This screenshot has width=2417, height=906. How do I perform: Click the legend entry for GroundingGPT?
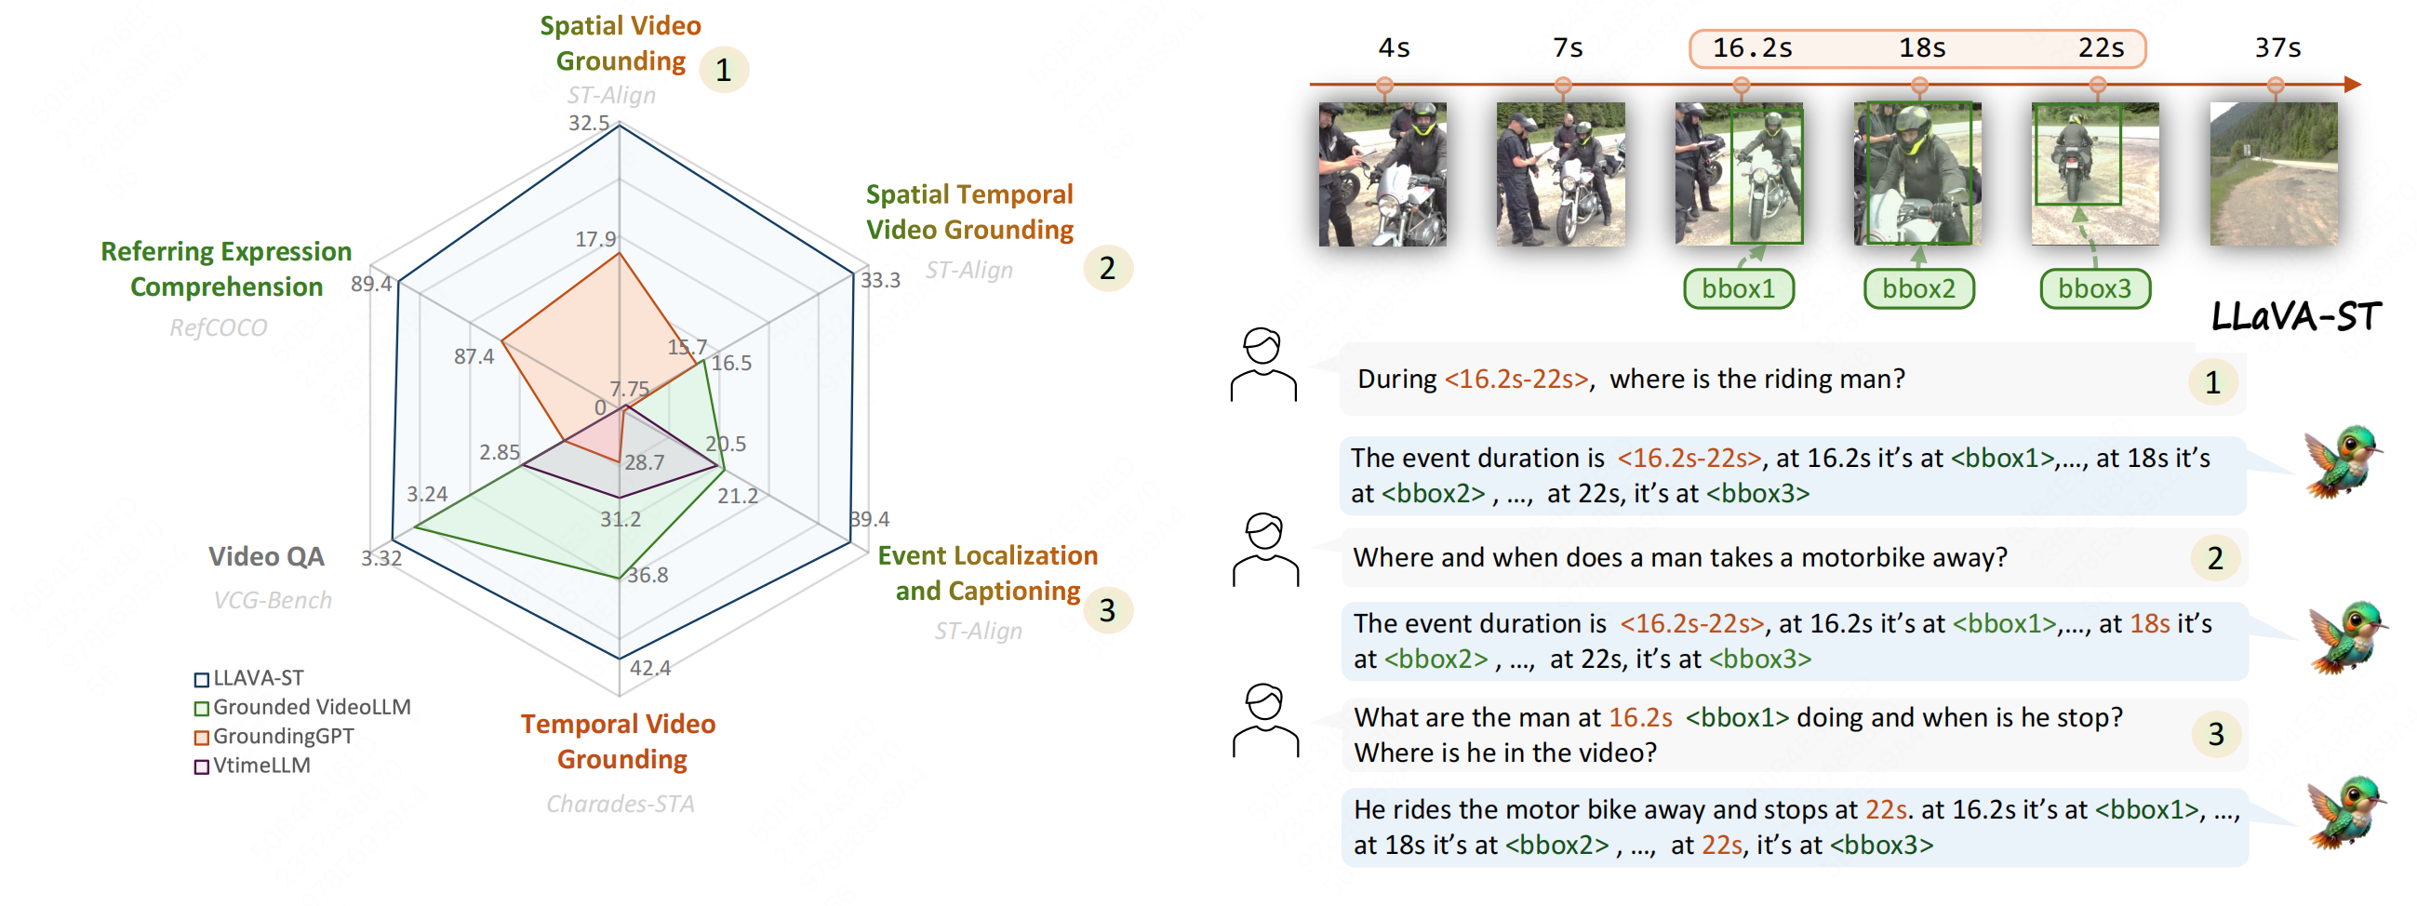[x=283, y=737]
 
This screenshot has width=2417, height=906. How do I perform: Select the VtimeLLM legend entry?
[x=260, y=766]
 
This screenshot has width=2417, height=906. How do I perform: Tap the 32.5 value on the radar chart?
[x=588, y=123]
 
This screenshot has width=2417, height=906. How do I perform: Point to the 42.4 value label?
[x=650, y=668]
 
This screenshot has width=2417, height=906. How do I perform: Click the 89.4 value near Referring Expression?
[x=371, y=284]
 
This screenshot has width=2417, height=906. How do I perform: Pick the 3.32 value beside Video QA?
[x=381, y=558]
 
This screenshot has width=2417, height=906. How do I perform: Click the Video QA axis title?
[x=266, y=556]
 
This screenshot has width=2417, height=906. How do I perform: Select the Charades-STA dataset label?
[x=621, y=804]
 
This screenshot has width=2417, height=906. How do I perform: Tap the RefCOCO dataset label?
[x=218, y=327]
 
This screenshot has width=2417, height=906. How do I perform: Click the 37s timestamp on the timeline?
[x=2277, y=47]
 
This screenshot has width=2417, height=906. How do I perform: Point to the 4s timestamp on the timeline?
[x=1394, y=47]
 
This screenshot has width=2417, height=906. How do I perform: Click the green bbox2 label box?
[x=1918, y=288]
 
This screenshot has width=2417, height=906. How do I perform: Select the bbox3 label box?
[x=2094, y=288]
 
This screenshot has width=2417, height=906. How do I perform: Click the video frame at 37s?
[x=2274, y=175]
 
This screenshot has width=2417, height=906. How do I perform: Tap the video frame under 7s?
[x=1560, y=175]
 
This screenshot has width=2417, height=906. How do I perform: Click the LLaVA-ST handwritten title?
[x=2296, y=317]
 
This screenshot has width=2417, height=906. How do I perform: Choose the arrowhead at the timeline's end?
[x=2352, y=85]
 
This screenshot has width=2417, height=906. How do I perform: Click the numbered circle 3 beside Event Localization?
[x=1107, y=610]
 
